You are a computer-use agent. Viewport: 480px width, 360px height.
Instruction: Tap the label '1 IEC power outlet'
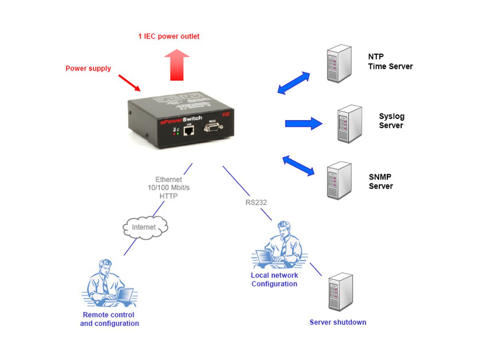pos(169,36)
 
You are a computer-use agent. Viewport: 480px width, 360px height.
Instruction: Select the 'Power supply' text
pos(88,68)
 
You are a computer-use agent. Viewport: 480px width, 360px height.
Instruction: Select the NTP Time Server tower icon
pos(339,64)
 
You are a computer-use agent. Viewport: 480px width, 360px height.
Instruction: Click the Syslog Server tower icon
pos(349,124)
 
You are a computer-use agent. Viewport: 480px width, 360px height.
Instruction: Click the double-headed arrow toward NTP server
pos(294,83)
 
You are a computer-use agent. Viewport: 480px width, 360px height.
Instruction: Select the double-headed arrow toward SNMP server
pos(298,166)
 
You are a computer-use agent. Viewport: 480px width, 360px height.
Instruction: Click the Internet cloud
pos(144,227)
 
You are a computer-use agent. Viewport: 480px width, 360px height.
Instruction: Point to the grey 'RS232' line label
pos(256,202)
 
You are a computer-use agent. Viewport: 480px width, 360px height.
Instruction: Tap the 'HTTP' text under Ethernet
pos(168,196)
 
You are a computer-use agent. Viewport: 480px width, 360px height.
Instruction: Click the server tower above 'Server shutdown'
pos(340,292)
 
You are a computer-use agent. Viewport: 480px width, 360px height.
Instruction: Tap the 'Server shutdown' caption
pos(338,322)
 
